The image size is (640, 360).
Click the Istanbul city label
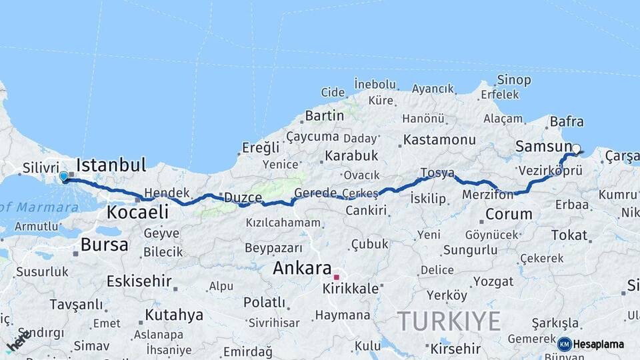pyautogui.click(x=111, y=165)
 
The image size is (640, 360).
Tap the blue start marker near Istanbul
pyautogui.click(x=64, y=177)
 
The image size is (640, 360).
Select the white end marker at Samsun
pyautogui.click(x=577, y=149)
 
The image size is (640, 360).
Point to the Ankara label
pyautogui.click(x=302, y=269)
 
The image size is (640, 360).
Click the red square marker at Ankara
pyautogui.click(x=337, y=277)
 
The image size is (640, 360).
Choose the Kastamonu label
pyautogui.click(x=439, y=140)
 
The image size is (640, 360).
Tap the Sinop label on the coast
pyautogui.click(x=514, y=80)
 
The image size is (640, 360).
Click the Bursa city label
pyautogui.click(x=104, y=245)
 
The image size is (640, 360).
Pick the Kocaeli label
pyautogui.click(x=137, y=213)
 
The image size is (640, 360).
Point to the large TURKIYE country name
pyautogui.click(x=449, y=322)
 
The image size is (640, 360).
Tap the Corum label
pyautogui.click(x=509, y=215)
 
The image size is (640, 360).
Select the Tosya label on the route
pyautogui.click(x=437, y=173)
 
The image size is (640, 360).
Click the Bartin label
pyautogui.click(x=325, y=115)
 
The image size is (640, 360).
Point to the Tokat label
pyautogui.click(x=569, y=235)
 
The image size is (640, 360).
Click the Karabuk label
pyautogui.click(x=351, y=155)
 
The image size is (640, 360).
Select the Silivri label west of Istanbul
pyautogui.click(x=42, y=168)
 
